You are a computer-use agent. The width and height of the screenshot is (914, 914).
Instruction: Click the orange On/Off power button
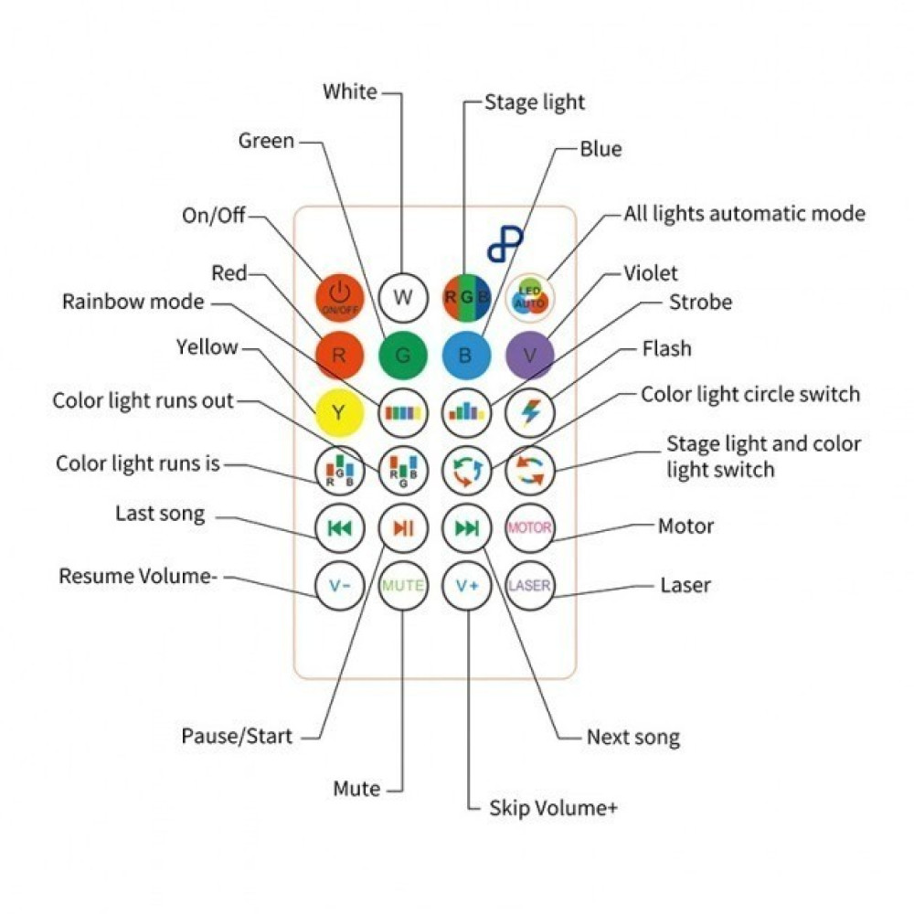click(x=339, y=298)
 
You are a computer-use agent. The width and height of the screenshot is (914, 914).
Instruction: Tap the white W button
click(x=403, y=297)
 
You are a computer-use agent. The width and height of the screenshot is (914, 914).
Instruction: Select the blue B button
click(x=466, y=356)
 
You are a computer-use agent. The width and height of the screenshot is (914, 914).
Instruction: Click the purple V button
click(x=529, y=356)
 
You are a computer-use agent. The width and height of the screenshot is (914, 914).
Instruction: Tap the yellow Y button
click(x=339, y=412)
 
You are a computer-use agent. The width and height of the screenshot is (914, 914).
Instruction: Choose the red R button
click(x=339, y=356)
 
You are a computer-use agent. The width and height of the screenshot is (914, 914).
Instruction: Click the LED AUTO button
click(x=529, y=298)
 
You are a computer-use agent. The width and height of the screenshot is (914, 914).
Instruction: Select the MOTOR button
click(x=529, y=527)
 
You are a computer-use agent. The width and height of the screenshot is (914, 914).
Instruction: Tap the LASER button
click(x=529, y=585)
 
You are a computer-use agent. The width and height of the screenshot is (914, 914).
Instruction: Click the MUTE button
click(x=403, y=585)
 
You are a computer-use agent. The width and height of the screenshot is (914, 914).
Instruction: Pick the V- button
click(x=339, y=585)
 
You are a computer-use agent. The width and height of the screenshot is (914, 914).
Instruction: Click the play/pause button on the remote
click(x=403, y=527)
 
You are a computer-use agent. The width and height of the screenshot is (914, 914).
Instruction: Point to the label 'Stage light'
click(x=535, y=102)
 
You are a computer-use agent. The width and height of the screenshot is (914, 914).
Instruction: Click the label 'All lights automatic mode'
click(x=744, y=214)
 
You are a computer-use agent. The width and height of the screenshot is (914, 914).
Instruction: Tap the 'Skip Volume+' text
click(x=553, y=808)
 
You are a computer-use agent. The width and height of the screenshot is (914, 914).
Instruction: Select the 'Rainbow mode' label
click(x=133, y=302)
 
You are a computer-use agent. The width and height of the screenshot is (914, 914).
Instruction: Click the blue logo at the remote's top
click(x=505, y=245)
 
